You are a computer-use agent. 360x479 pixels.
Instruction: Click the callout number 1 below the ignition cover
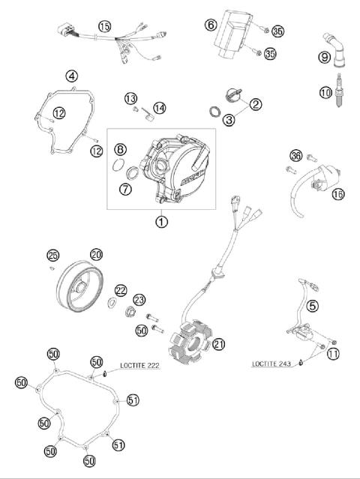tap(160, 221)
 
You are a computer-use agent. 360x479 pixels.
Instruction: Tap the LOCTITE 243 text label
tap(271, 364)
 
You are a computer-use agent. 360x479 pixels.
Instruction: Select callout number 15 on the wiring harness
tap(105, 26)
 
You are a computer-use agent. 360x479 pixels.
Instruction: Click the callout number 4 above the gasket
tap(71, 76)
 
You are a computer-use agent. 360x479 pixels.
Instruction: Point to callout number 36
tap(295, 156)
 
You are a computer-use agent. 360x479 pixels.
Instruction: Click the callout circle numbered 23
tap(139, 300)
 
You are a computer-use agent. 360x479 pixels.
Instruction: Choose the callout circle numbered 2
tap(256, 104)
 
